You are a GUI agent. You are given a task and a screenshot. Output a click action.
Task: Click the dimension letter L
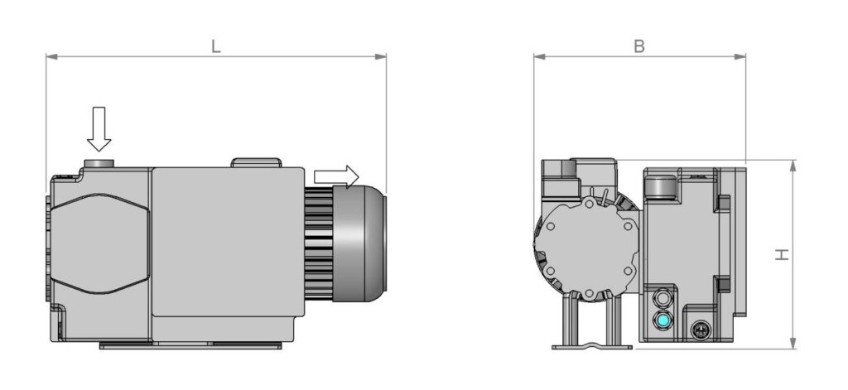coord(216,46)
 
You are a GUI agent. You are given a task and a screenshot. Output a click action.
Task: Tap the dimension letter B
coord(639,46)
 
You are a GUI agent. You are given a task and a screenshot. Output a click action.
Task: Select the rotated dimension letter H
coord(782,254)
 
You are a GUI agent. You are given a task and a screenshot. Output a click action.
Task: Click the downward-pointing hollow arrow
coord(99,128)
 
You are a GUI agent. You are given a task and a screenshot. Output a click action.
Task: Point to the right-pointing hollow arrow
coord(336,176)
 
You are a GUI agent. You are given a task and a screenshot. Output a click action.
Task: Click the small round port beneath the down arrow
coord(99,163)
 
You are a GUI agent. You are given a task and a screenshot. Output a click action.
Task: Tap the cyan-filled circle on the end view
coord(662,320)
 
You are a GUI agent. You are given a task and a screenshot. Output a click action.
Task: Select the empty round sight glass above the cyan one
coord(662,297)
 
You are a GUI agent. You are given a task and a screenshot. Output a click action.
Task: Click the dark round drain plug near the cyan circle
coord(701,330)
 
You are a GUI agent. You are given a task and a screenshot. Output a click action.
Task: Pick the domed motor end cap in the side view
coord(359,243)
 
